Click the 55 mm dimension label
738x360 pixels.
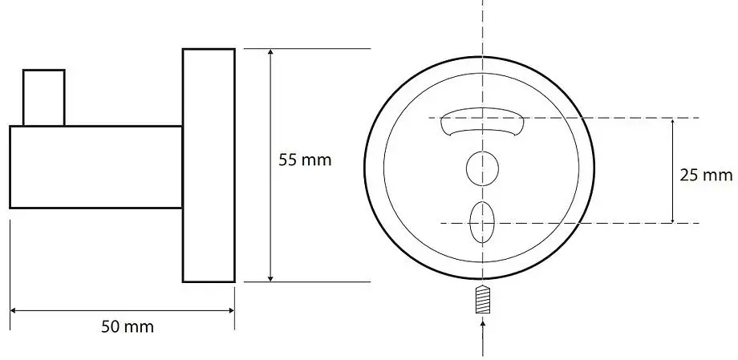[x=305, y=160]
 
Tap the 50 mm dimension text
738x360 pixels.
[x=128, y=326]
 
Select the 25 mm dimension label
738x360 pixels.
[x=706, y=175]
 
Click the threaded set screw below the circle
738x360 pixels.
[x=483, y=300]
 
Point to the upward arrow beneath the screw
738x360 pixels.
[x=483, y=337]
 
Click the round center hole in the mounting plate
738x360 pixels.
[x=482, y=168]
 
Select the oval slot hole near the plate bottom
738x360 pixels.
[x=482, y=222]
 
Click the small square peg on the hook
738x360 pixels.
[x=44, y=98]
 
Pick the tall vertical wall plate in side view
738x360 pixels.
[x=209, y=165]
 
